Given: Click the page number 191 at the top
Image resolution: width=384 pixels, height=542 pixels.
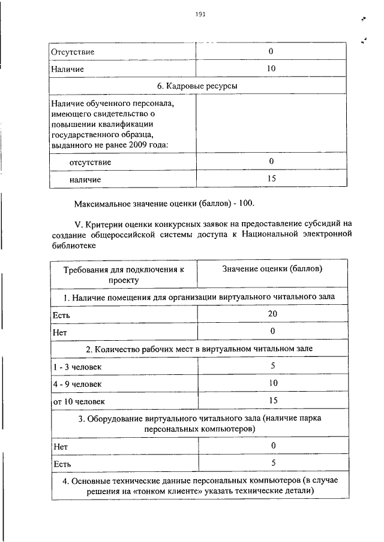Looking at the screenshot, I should pyautogui.click(x=200, y=15).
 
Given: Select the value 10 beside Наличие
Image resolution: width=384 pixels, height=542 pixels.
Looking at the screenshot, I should pyautogui.click(x=271, y=69).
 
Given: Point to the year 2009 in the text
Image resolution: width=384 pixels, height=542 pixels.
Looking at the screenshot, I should pyautogui.click(x=148, y=144).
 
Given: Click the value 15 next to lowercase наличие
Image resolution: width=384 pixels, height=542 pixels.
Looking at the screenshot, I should pyautogui.click(x=271, y=178).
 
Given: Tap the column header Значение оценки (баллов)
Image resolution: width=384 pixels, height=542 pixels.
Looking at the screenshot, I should pyautogui.click(x=272, y=269).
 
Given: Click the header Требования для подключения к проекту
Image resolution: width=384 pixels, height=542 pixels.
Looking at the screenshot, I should pyautogui.click(x=124, y=274).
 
